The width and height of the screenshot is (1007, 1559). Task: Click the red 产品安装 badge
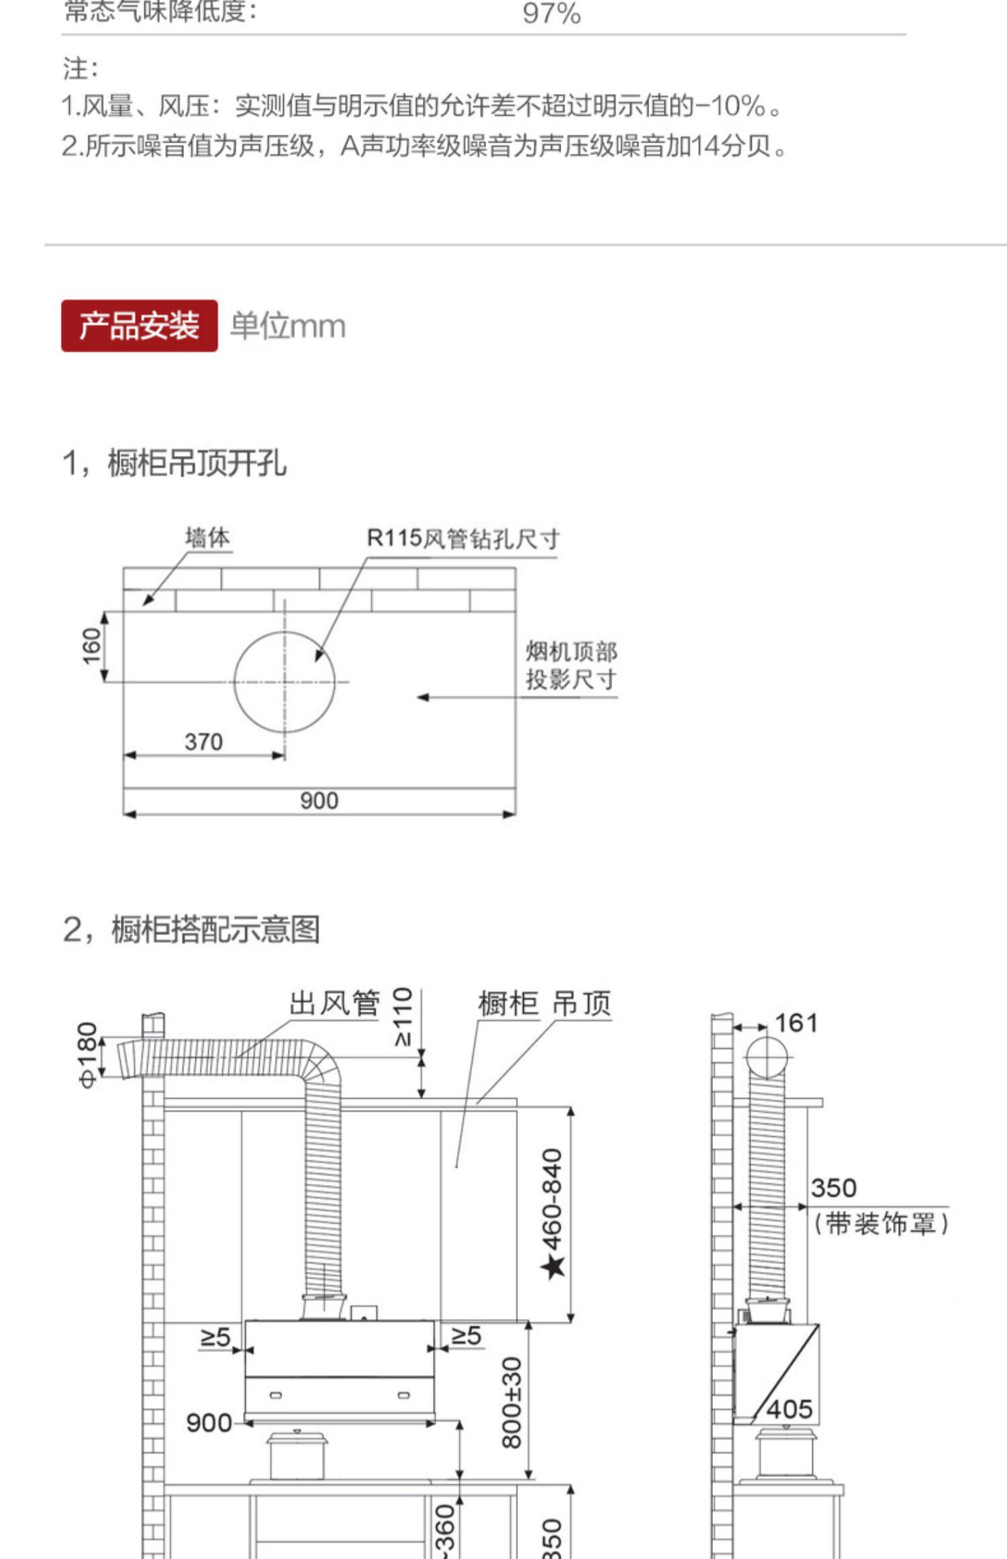[139, 326]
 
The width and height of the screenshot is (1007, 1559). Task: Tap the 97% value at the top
[551, 13]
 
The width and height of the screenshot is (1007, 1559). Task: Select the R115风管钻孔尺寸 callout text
[463, 538]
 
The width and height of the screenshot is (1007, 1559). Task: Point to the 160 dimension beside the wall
[91, 646]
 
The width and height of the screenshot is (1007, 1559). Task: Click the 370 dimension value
[203, 742]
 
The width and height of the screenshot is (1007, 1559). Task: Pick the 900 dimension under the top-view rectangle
[319, 800]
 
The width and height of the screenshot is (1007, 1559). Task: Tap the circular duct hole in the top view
[284, 681]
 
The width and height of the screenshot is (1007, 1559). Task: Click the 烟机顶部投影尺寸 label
[571, 665]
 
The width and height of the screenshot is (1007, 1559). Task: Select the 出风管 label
[334, 1004]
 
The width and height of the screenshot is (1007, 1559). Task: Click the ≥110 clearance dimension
[402, 1017]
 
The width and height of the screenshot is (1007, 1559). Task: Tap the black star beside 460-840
[554, 1266]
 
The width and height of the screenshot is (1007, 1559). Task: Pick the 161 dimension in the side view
[796, 1023]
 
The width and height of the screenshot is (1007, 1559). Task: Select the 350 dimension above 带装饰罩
[833, 1188]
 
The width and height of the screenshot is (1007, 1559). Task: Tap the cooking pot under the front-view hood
[296, 1454]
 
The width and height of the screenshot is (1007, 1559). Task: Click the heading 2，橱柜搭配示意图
[191, 930]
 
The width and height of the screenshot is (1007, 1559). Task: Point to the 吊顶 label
[581, 1004]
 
